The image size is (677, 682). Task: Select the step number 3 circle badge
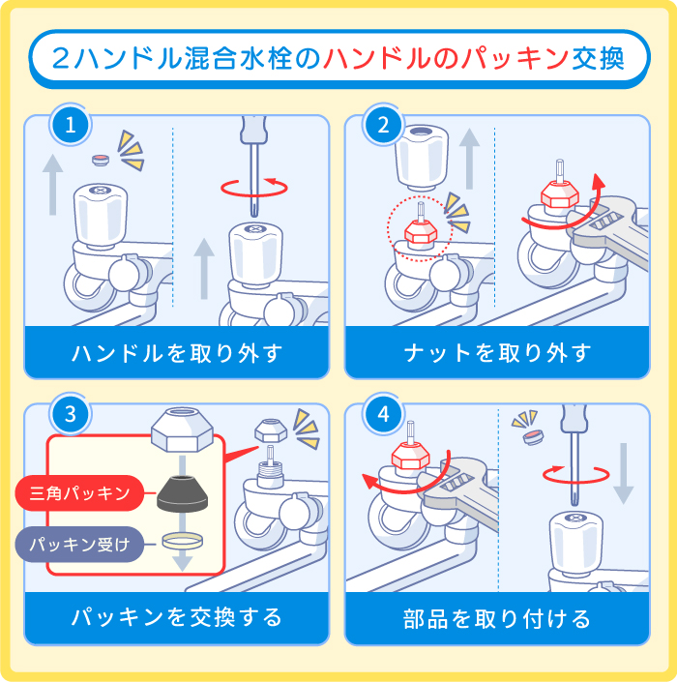tap(70, 415)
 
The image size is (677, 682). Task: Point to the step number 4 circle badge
tap(384, 415)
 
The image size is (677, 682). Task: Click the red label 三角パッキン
tap(80, 493)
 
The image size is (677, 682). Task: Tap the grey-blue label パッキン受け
tap(80, 545)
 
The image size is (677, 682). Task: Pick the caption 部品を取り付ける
tap(497, 617)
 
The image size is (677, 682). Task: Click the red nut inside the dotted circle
tap(419, 232)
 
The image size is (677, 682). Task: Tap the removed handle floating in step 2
tap(423, 155)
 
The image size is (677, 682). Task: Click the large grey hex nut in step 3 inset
tap(184, 428)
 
